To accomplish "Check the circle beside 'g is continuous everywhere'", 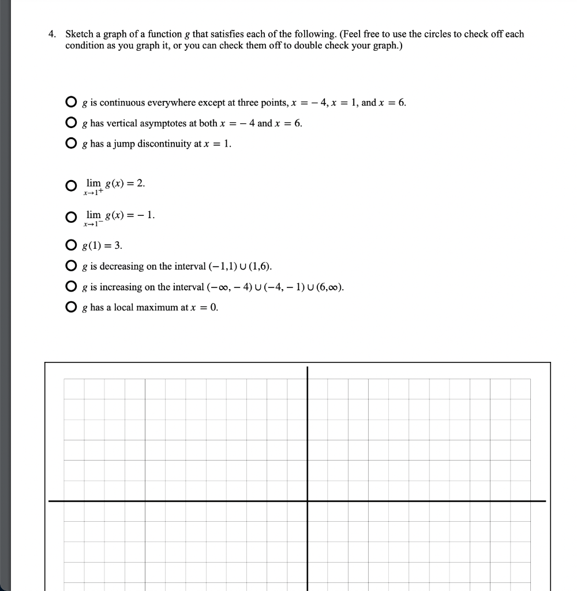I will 70,103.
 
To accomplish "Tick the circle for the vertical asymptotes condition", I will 70,124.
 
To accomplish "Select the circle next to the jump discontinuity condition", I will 70,144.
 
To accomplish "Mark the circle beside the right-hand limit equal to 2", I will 70,186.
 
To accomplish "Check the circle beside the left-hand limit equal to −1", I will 70,218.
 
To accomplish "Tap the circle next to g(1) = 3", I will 70,246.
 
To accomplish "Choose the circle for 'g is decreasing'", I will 70,267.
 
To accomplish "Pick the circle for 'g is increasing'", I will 70,287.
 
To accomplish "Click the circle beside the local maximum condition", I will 70,307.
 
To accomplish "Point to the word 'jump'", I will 123,144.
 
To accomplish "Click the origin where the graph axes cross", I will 308,501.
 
